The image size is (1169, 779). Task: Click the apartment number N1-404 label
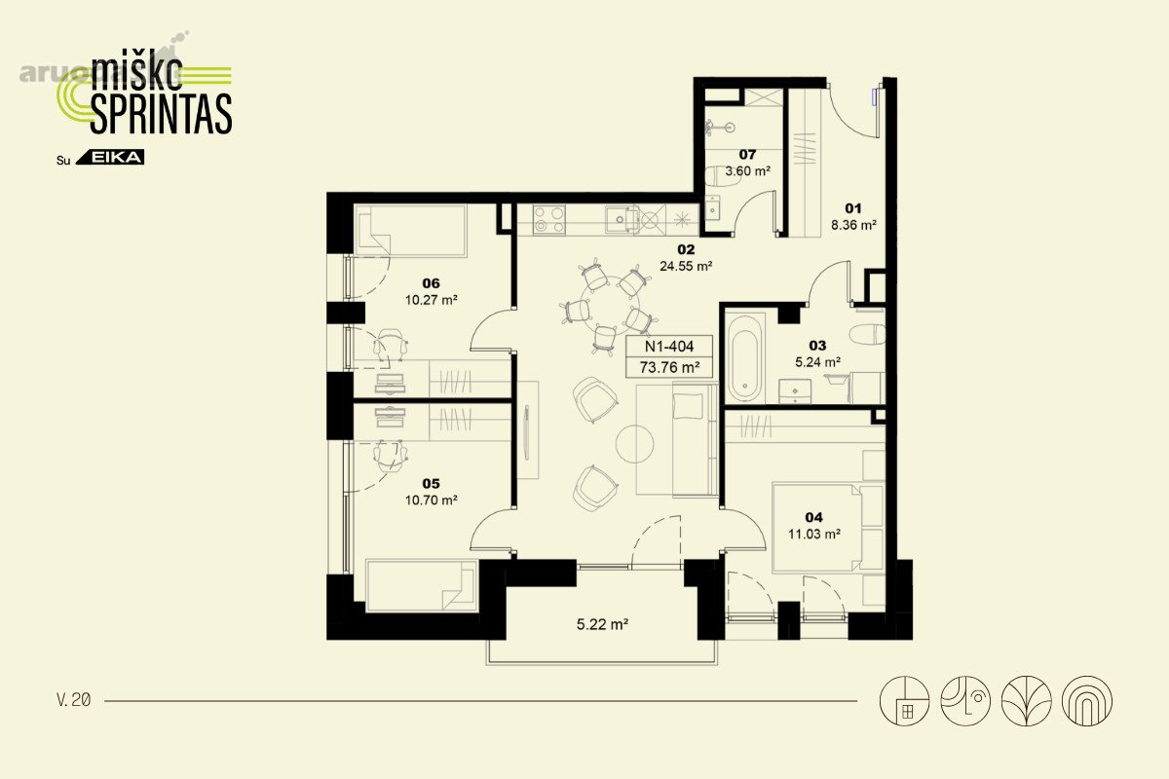(669, 346)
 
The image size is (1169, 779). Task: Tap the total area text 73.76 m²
(669, 367)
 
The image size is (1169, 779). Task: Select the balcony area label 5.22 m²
(602, 624)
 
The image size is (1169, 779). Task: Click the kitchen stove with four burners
(549, 219)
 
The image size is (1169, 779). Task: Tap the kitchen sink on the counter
(622, 219)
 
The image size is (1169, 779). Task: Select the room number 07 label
(747, 155)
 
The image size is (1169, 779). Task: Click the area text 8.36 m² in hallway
(853, 225)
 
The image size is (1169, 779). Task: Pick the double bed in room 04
(828, 528)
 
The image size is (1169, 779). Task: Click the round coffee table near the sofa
(634, 444)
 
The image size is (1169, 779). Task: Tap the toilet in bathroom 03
(867, 334)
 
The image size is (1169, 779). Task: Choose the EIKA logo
(110, 157)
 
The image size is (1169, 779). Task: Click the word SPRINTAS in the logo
(162, 114)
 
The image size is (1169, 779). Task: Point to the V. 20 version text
(74, 700)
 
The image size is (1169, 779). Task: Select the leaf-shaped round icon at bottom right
(1026, 701)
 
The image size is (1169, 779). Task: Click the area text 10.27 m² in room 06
(431, 300)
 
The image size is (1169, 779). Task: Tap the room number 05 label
(431, 484)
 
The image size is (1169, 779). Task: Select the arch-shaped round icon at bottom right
(1087, 701)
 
